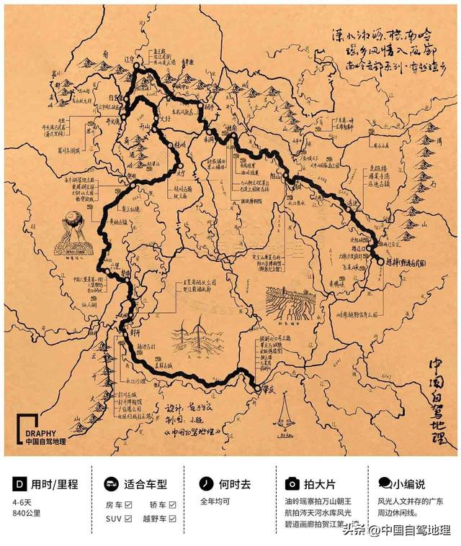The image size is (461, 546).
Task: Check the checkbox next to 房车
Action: point(127,505)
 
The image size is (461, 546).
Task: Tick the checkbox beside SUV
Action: point(127,517)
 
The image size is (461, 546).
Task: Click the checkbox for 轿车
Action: point(173,505)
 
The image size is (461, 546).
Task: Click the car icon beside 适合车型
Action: point(111,483)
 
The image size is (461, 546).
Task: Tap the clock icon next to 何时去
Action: point(205,483)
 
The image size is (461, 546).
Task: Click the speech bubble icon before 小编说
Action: point(385,483)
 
